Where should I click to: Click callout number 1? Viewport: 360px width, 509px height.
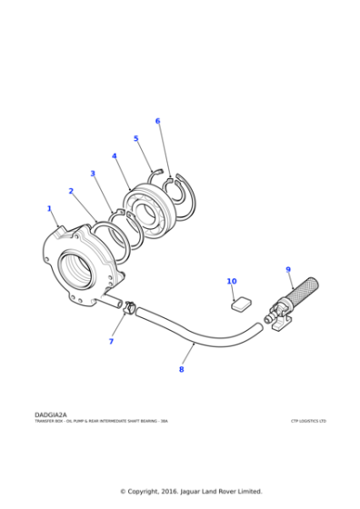click(49, 208)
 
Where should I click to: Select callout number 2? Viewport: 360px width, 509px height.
click(71, 191)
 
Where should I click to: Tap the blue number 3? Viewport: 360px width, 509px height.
click(92, 173)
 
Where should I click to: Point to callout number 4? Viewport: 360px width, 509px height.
click(114, 155)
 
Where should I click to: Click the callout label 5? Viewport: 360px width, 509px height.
click(135, 138)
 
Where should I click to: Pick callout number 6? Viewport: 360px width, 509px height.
click(157, 120)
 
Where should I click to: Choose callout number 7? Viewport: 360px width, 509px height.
click(111, 341)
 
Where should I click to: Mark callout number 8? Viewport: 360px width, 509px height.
click(181, 369)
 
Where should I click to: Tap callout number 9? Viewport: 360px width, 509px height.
click(288, 269)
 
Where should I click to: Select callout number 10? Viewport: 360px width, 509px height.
click(231, 281)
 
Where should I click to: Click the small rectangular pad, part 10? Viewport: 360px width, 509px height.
click(241, 302)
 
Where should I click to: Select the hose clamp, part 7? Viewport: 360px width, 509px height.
click(130, 310)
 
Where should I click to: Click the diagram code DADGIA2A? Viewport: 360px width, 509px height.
click(51, 414)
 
